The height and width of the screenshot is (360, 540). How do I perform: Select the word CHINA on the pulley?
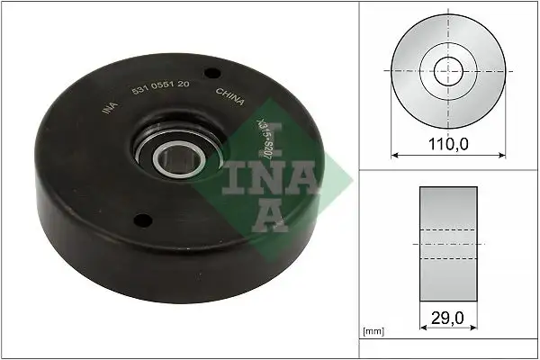(x=229, y=96)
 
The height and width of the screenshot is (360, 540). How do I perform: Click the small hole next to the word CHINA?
(x=212, y=73)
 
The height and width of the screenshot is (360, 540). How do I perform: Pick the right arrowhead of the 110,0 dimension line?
(x=501, y=155)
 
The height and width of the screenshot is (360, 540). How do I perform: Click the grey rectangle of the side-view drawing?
(x=448, y=244)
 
